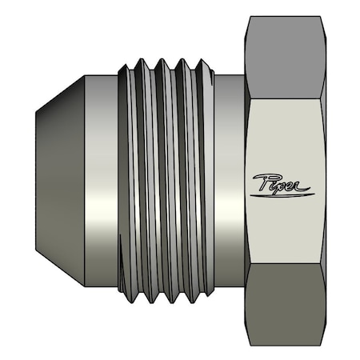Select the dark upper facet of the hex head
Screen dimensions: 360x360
(x=286, y=56)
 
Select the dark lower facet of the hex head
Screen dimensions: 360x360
(x=286, y=308)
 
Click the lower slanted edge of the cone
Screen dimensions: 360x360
(x=60, y=270)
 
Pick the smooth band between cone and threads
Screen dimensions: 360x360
(x=100, y=181)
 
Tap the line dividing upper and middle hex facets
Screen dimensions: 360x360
(x=286, y=98)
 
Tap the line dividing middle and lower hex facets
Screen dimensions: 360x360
(x=286, y=265)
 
